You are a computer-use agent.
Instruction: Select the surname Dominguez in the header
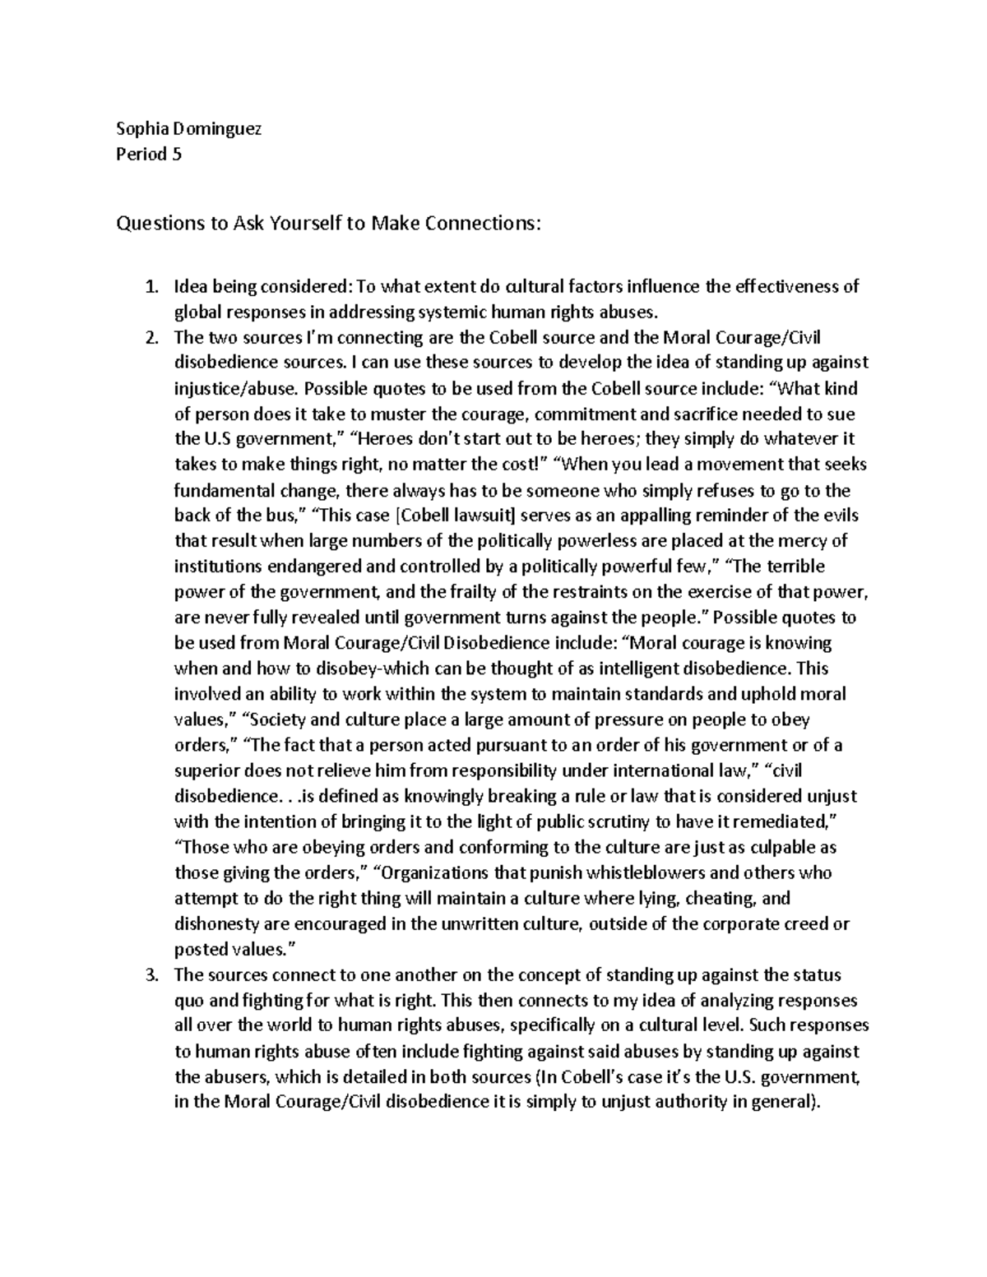pyautogui.click(x=215, y=128)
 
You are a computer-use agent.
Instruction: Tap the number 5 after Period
pyautogui.click(x=176, y=154)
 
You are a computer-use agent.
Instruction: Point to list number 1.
pyautogui.click(x=151, y=287)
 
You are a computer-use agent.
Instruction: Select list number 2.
pyautogui.click(x=151, y=337)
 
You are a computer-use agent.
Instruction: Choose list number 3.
pyautogui.click(x=151, y=976)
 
